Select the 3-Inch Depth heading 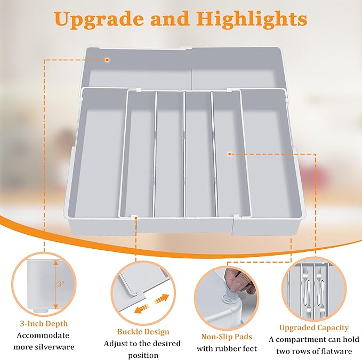[44, 323]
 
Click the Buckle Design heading [143, 331]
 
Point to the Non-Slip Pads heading [227, 336]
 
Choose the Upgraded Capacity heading [314, 328]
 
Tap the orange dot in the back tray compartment [107, 60]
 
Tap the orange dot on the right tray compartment [229, 154]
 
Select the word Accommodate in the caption [44, 336]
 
